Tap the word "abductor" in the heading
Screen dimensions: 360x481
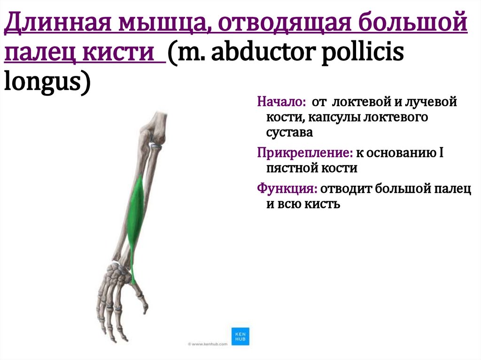(262, 53)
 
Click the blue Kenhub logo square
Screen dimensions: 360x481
(240, 335)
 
